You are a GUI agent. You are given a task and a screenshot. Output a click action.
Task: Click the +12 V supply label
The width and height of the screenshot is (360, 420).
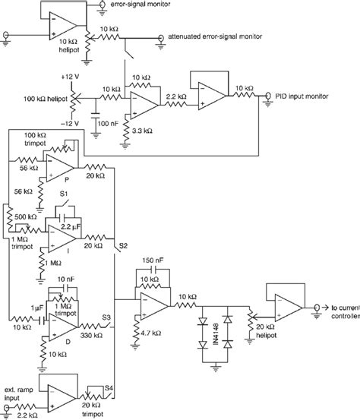[x=71, y=77]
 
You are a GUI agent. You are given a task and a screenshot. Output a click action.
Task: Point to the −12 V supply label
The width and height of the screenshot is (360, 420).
[x=70, y=124]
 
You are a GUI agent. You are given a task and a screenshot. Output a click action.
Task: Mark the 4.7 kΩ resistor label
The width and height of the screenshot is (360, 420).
[x=148, y=332]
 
